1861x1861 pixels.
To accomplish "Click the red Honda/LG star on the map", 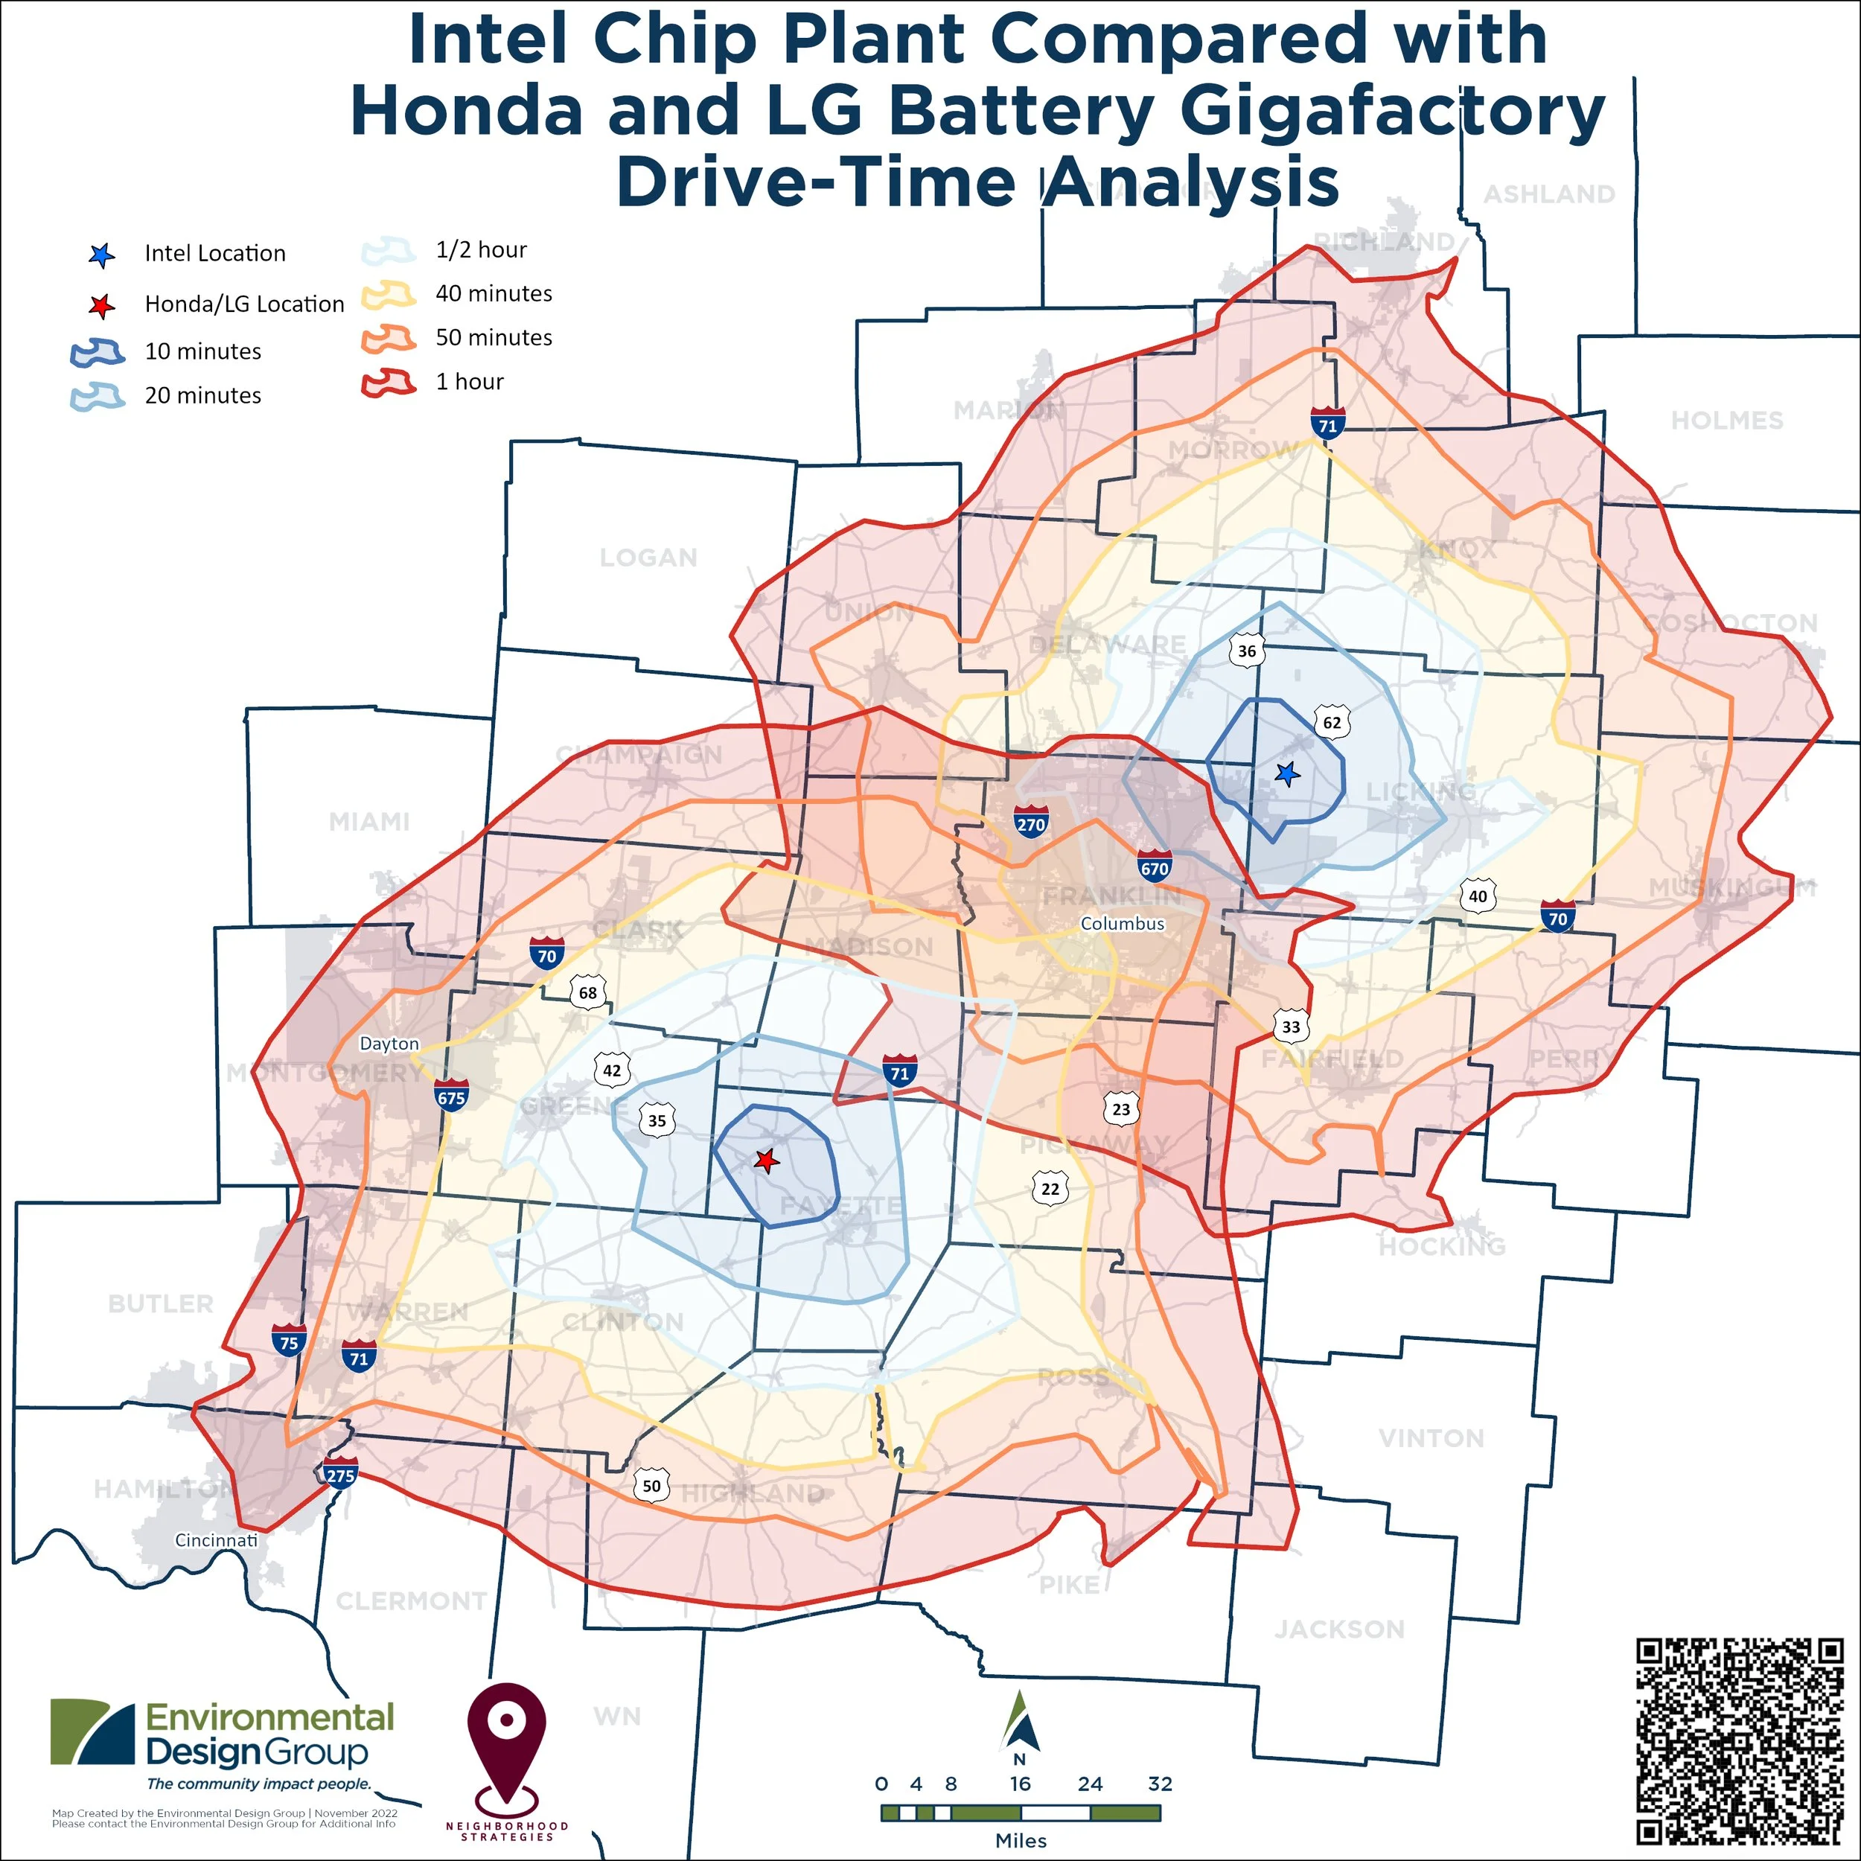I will [766, 1161].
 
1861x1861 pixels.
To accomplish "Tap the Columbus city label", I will [1123, 923].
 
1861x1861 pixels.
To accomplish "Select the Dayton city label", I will [389, 1043].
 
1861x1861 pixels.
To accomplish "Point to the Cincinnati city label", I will [216, 1540].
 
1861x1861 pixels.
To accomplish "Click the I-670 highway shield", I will [1154, 866].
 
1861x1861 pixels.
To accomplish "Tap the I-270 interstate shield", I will [1031, 822].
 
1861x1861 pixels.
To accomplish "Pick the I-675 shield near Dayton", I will [451, 1095].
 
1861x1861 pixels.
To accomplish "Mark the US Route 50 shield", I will [652, 1485].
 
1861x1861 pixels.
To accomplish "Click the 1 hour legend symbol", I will [388, 383].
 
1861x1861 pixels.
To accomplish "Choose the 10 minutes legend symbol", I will [98, 351].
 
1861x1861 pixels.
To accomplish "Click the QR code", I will [1740, 1740].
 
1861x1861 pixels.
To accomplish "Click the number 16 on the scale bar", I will [1020, 1784].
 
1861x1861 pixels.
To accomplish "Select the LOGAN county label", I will [648, 558].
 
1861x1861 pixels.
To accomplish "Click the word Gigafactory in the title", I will [1392, 110].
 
